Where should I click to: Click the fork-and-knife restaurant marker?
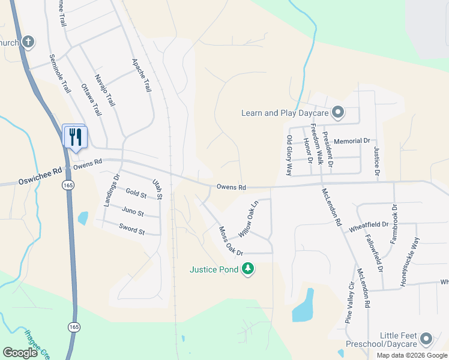75,136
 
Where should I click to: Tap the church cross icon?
28,42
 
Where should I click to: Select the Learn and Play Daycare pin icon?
338,112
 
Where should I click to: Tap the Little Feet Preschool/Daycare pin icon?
427,339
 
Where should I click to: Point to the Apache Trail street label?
141,75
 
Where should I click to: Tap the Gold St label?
136,194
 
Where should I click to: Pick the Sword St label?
132,230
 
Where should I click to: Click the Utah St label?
157,189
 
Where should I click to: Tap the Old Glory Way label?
289,155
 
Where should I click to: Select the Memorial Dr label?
352,140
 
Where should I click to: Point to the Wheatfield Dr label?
369,225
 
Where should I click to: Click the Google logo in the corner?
20,353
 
